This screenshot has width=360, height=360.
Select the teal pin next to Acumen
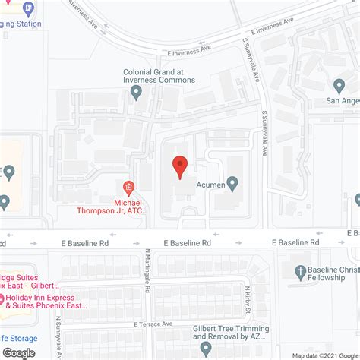[232, 182]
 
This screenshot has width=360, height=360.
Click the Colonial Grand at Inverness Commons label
[159, 76]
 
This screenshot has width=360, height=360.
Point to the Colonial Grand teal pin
[137, 93]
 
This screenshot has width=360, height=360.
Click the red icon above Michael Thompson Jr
[128, 187]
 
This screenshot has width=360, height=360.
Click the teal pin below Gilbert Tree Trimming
[206, 349]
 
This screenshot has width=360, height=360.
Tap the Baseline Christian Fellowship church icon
[302, 271]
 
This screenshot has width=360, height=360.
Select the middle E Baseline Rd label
[186, 242]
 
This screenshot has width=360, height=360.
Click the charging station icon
[29, 8]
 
